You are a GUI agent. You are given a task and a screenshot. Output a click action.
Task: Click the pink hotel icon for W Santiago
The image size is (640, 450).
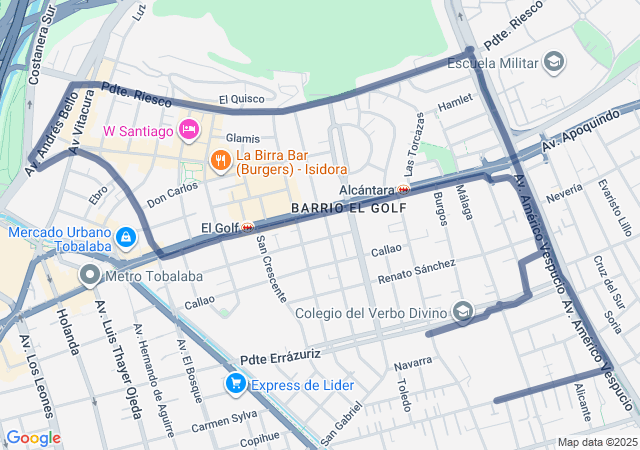pyautogui.click(x=187, y=129)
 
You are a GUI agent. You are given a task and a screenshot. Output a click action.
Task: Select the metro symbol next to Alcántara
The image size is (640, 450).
pyautogui.click(x=404, y=189)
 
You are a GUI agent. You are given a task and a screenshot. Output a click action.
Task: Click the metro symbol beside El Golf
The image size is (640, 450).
pyautogui.click(x=247, y=227)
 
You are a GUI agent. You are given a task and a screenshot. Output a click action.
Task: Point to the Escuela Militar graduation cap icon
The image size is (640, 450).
pyautogui.click(x=553, y=63)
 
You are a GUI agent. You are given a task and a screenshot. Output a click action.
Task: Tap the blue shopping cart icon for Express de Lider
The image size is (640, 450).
pyautogui.click(x=236, y=382)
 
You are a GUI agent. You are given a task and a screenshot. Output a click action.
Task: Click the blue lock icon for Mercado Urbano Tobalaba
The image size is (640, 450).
pyautogui.click(x=125, y=238)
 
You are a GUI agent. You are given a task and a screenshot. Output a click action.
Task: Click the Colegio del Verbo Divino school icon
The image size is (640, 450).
pyautogui.click(x=462, y=313)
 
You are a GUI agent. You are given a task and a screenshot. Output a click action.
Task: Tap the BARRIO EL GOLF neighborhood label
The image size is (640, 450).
pyautogui.click(x=349, y=208)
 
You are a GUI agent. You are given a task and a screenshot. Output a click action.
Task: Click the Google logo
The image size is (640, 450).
pyautogui.click(x=33, y=437)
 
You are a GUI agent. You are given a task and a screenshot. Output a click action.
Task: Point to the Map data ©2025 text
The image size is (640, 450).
pyautogui.click(x=596, y=442)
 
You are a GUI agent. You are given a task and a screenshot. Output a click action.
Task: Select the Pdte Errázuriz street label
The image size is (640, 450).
pyautogui.click(x=280, y=355)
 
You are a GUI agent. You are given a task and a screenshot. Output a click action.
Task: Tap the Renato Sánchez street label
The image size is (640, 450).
pyautogui.click(x=416, y=268)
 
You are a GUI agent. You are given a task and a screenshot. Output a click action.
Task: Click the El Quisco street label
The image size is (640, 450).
pyautogui.click(x=242, y=99)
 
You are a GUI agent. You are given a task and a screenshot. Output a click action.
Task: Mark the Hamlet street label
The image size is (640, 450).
pyautogui.click(x=454, y=101)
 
